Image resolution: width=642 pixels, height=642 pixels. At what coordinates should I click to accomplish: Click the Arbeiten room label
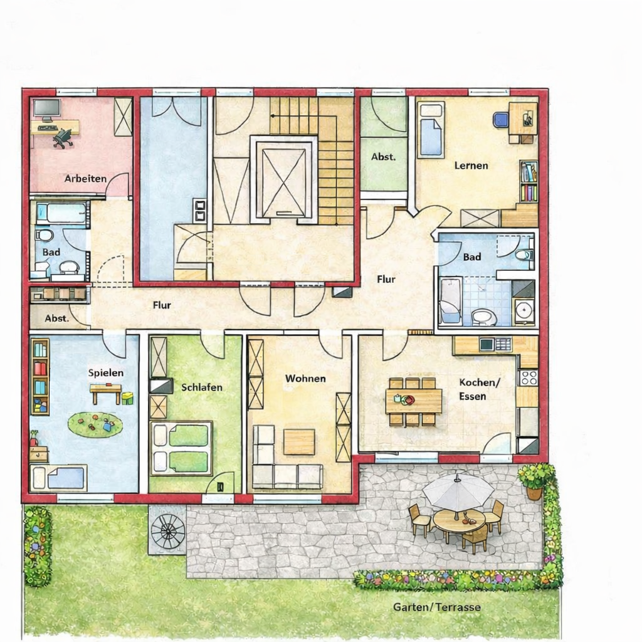(85, 178)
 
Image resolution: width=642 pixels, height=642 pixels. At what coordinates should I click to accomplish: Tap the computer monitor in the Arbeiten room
(46, 109)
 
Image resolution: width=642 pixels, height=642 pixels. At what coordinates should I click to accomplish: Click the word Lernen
(471, 166)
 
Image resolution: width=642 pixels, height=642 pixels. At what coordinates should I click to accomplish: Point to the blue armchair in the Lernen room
(500, 119)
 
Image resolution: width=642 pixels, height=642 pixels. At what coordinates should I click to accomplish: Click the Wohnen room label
(305, 378)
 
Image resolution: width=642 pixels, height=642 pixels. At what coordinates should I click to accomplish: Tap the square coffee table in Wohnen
(299, 441)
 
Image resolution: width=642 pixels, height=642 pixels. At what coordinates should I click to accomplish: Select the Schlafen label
(202, 387)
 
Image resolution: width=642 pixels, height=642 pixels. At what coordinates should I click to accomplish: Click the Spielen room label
(105, 372)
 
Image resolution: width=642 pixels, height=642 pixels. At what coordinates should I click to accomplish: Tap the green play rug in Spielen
(95, 425)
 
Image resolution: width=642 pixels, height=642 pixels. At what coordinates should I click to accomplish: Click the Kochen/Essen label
(480, 389)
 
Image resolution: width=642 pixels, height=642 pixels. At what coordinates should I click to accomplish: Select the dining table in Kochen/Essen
(413, 401)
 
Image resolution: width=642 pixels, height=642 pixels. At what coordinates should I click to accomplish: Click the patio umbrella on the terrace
(458, 491)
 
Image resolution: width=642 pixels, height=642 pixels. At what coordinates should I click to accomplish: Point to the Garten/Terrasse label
(437, 607)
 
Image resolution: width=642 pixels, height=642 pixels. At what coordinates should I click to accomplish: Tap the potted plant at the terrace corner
(534, 480)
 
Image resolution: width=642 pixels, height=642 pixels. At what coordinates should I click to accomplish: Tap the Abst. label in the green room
(383, 157)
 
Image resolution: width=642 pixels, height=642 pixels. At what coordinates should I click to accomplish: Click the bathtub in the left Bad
(61, 213)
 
